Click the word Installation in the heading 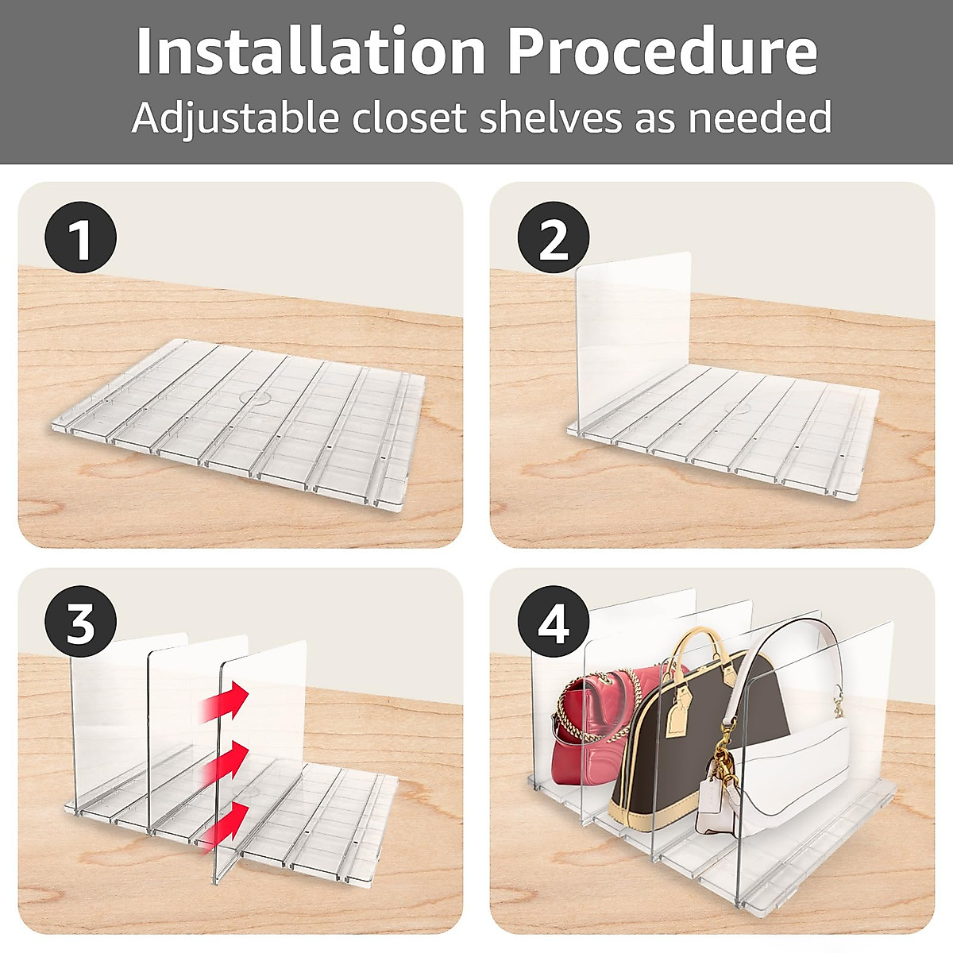310,52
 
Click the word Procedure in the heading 662,52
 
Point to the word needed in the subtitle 760,118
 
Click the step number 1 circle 81,237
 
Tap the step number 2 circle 554,237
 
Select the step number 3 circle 81,622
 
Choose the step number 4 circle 554,622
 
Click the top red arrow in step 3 225,700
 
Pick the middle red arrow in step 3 225,762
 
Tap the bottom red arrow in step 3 225,824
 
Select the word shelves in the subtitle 550,118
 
